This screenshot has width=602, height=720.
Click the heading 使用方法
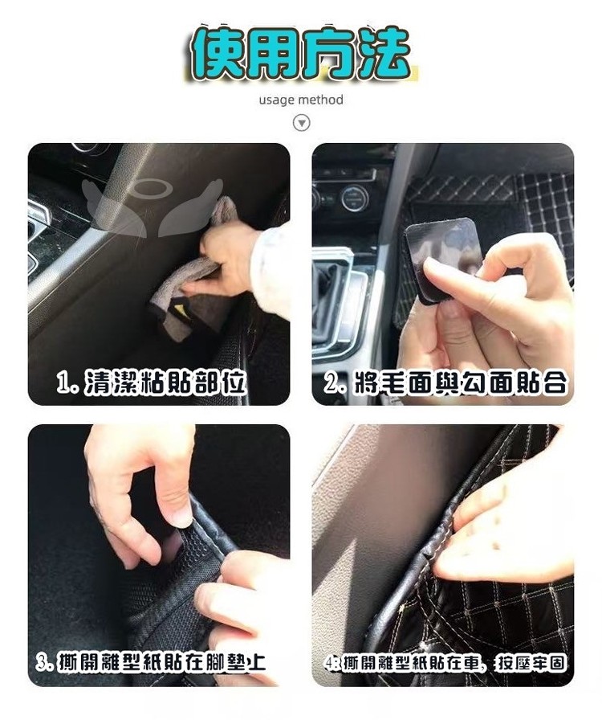tap(300, 53)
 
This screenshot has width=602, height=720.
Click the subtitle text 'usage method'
tap(301, 100)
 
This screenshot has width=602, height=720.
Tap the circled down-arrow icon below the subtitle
tap(302, 123)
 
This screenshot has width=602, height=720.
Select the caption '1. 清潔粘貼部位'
tap(152, 382)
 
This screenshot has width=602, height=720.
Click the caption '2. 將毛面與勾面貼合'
tap(445, 382)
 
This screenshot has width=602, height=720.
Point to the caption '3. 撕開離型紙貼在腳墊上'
tap(151, 663)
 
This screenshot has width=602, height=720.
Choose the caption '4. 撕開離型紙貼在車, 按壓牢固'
tap(445, 663)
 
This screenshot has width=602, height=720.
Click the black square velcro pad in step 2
tap(441, 260)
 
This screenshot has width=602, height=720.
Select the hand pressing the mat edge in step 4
tap(505, 528)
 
